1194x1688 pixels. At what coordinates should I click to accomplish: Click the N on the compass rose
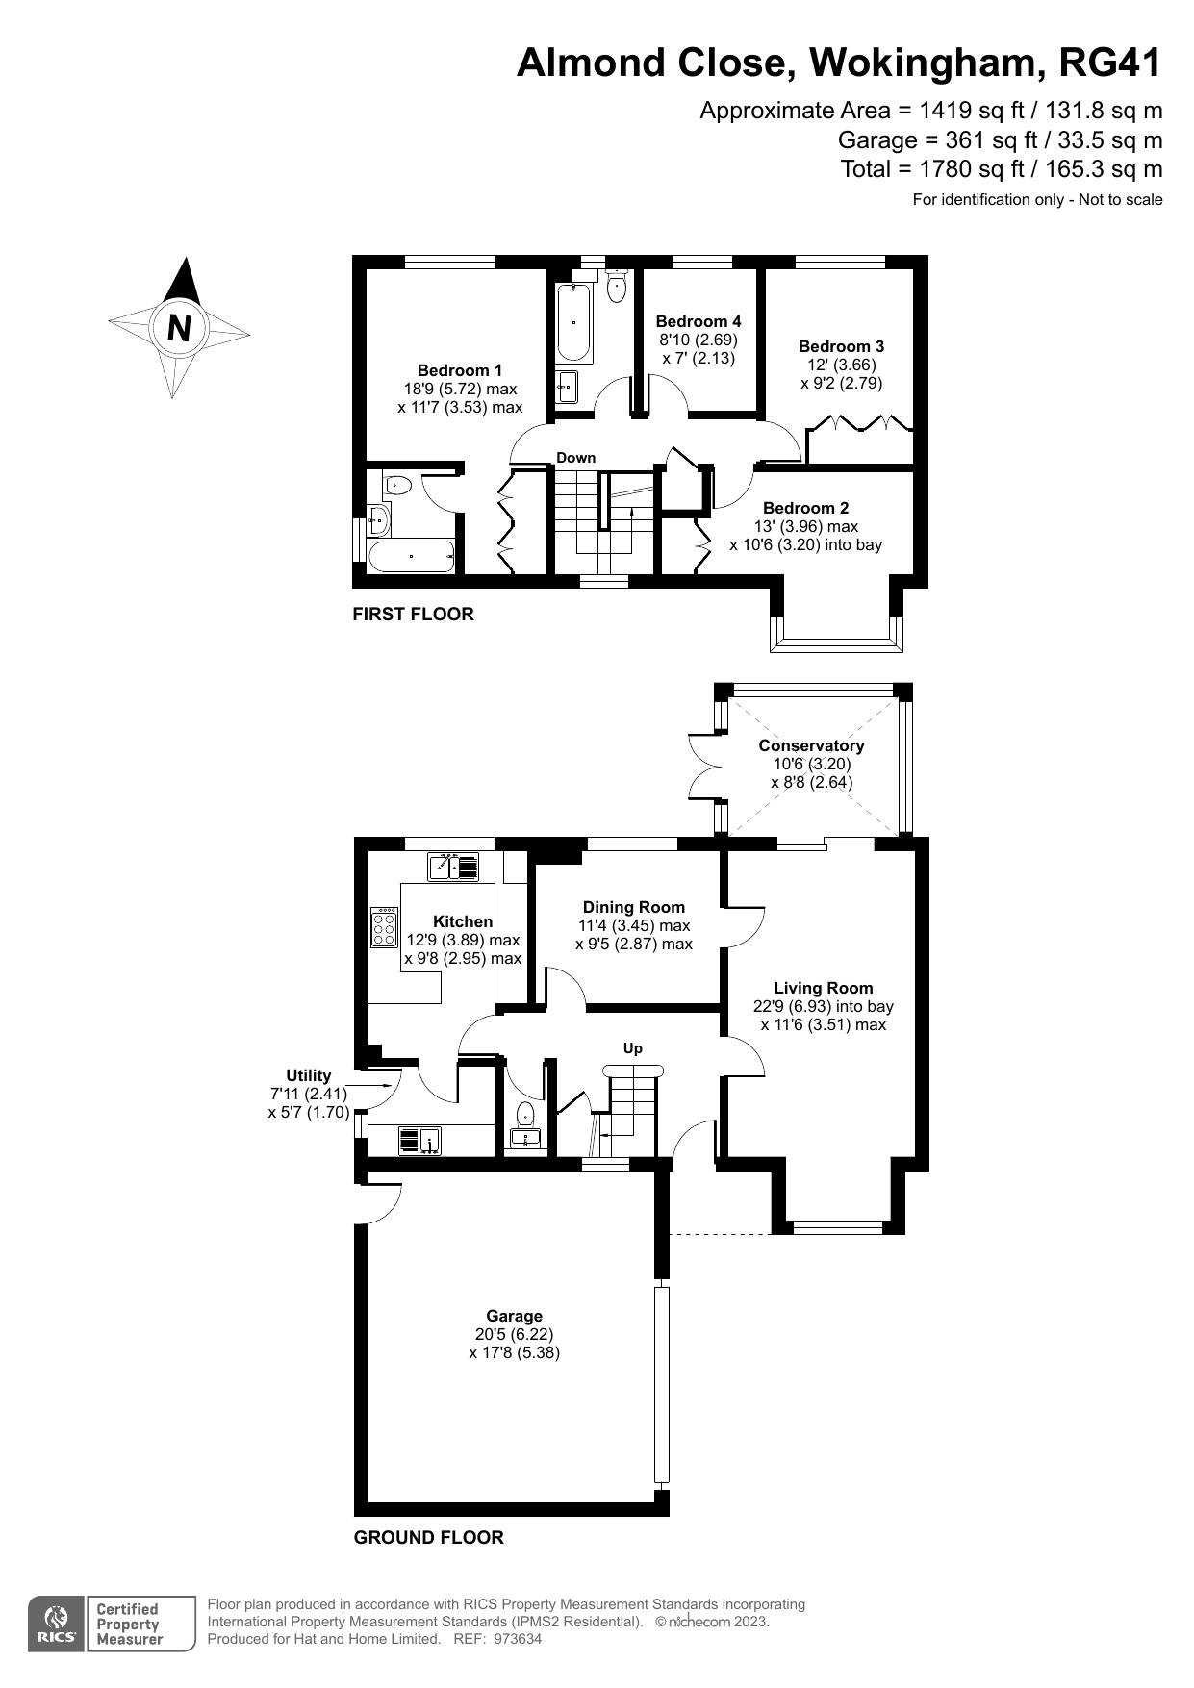click(x=179, y=328)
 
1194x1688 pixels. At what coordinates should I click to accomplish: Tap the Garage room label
click(x=514, y=1316)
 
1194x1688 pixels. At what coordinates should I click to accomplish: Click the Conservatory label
click(x=811, y=745)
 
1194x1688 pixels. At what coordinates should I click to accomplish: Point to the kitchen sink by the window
click(x=453, y=868)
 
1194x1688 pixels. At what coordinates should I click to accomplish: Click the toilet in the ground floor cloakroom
click(x=525, y=1116)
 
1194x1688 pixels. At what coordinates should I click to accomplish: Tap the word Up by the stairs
click(x=632, y=1048)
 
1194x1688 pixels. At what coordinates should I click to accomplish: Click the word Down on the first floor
click(x=575, y=458)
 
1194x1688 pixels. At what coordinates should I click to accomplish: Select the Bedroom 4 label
click(x=699, y=321)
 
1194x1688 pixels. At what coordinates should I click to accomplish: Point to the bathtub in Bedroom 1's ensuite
click(x=411, y=556)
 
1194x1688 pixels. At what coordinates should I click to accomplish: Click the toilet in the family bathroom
click(x=617, y=286)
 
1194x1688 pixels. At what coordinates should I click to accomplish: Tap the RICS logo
click(x=57, y=1625)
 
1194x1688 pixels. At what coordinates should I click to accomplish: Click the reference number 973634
click(x=518, y=1639)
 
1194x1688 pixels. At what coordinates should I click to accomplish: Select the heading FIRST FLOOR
click(x=413, y=614)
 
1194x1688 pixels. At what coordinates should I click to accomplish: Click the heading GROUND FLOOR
click(x=428, y=1537)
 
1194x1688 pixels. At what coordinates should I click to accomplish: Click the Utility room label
click(x=308, y=1075)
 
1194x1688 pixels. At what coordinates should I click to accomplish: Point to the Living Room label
click(x=823, y=988)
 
